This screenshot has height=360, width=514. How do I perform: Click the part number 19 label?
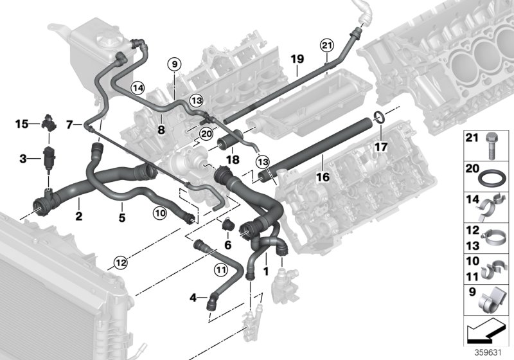296,59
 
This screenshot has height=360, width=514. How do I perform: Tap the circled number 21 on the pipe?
327,44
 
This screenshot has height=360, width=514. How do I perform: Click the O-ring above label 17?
379,117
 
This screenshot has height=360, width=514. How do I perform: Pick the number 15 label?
22,123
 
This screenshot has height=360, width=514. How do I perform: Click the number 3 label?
22,158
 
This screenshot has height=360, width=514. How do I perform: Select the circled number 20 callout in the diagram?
206,134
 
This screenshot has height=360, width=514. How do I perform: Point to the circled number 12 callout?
121,262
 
